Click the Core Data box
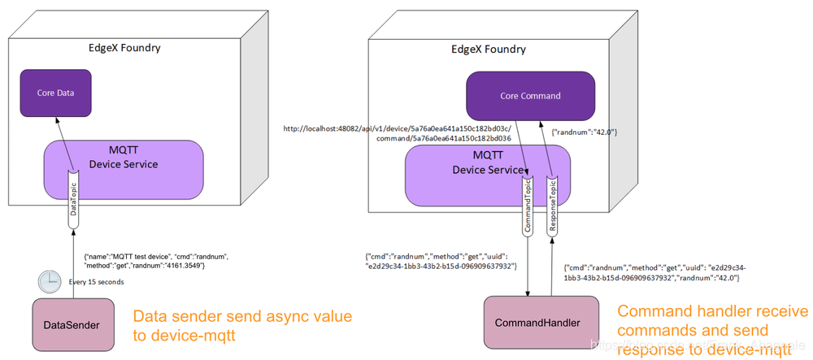click(56, 93)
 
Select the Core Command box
click(529, 96)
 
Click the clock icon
click(49, 281)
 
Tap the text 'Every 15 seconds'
click(96, 282)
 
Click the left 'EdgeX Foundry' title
click(124, 47)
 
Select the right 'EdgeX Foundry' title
click(488, 49)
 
